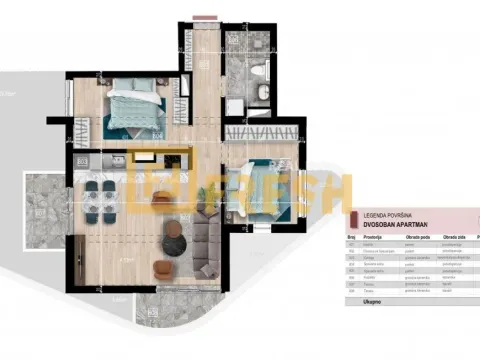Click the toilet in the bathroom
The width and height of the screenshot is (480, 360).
coord(258,72)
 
